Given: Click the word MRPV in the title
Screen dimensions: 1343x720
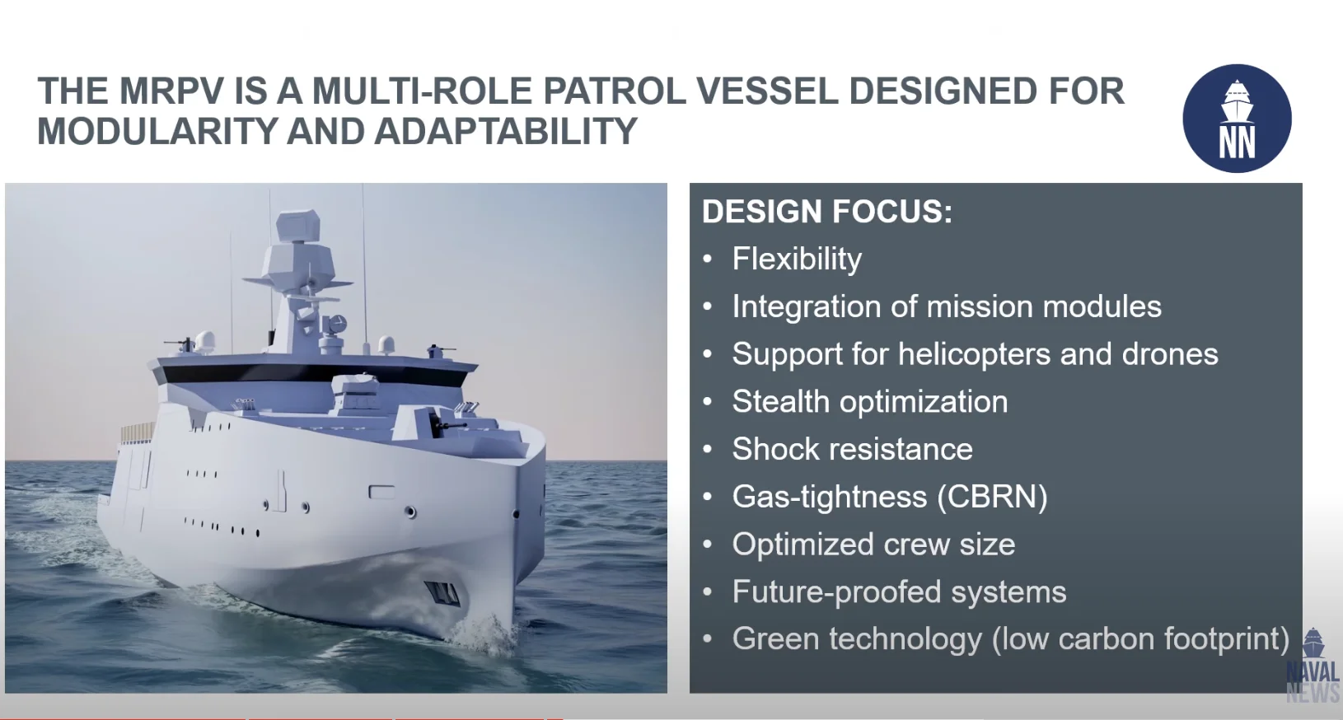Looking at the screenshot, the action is point(171,91).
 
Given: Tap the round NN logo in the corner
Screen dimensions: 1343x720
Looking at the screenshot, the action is point(1237,118).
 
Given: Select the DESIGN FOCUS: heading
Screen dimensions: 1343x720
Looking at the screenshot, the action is point(826,212).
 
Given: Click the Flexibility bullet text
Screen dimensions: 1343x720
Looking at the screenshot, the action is point(797,259).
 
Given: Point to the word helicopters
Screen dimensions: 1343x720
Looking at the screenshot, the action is point(974,353).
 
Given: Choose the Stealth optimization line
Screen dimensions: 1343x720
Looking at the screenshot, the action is point(870,401).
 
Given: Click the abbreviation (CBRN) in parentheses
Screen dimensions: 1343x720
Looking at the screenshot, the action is point(992,497).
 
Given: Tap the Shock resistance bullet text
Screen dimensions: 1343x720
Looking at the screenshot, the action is point(853,449).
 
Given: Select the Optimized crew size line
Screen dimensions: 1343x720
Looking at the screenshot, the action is point(873,545).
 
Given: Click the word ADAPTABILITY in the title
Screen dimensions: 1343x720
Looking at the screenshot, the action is point(505,131).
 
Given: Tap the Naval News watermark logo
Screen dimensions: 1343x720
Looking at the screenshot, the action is point(1313,666).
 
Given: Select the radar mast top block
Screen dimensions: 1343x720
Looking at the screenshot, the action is point(297,226).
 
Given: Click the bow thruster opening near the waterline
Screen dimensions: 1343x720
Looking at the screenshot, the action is point(442,592).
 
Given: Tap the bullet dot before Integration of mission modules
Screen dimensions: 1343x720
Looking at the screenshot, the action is point(708,307).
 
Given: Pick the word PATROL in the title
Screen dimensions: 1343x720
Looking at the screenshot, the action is point(615,91).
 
